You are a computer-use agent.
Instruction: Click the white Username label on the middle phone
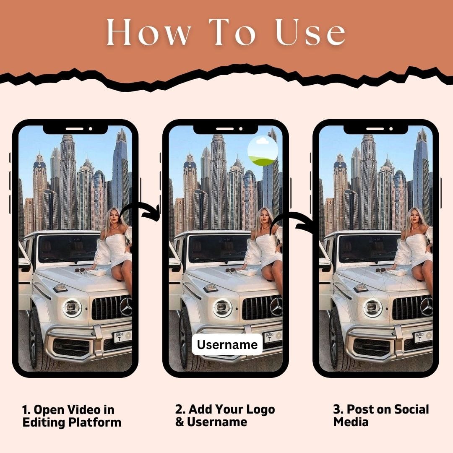pos(227,344)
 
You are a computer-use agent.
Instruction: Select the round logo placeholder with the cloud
pos(263,151)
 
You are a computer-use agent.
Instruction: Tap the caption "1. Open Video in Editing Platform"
pos(72,416)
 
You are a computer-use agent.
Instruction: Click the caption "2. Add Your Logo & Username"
pos(225,415)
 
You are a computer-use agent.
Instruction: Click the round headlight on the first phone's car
pos(72,308)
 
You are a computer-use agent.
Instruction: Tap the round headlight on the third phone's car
pos(372,308)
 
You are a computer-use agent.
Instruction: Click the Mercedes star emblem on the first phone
pos(127,306)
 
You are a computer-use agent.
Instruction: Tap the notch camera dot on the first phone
pos(91,129)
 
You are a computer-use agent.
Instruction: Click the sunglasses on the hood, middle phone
pos(231,271)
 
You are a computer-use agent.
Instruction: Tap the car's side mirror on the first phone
pos(24,263)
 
